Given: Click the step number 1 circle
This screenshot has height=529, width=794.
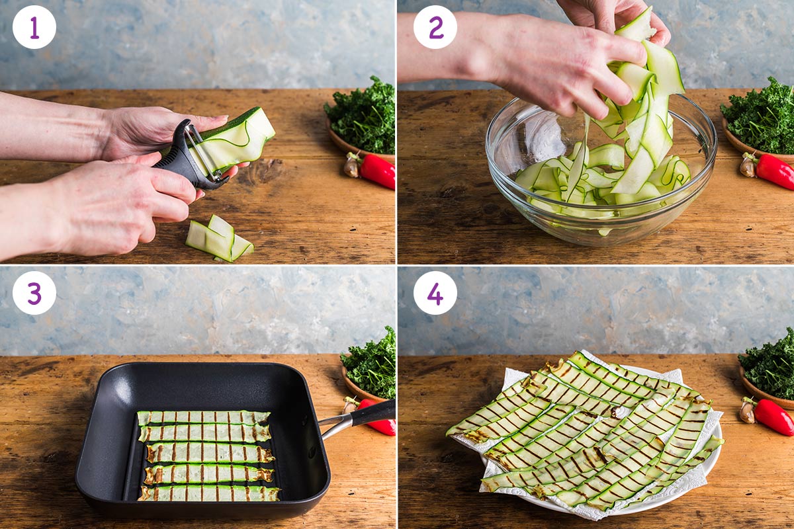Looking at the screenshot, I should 34,27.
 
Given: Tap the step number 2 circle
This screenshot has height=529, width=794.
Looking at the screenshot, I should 435,27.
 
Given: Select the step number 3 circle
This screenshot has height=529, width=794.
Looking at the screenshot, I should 34,293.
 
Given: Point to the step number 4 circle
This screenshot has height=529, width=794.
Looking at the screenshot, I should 435,293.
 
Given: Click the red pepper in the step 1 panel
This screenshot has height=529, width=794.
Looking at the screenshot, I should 376,171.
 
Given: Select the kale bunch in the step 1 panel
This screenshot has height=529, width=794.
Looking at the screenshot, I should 362,116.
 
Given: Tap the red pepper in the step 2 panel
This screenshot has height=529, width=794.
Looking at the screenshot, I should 774,171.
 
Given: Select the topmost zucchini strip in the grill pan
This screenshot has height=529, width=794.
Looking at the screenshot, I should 203,417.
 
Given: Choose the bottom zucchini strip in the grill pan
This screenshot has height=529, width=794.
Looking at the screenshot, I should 208,493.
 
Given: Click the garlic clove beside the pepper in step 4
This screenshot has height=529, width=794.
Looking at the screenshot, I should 747,411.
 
